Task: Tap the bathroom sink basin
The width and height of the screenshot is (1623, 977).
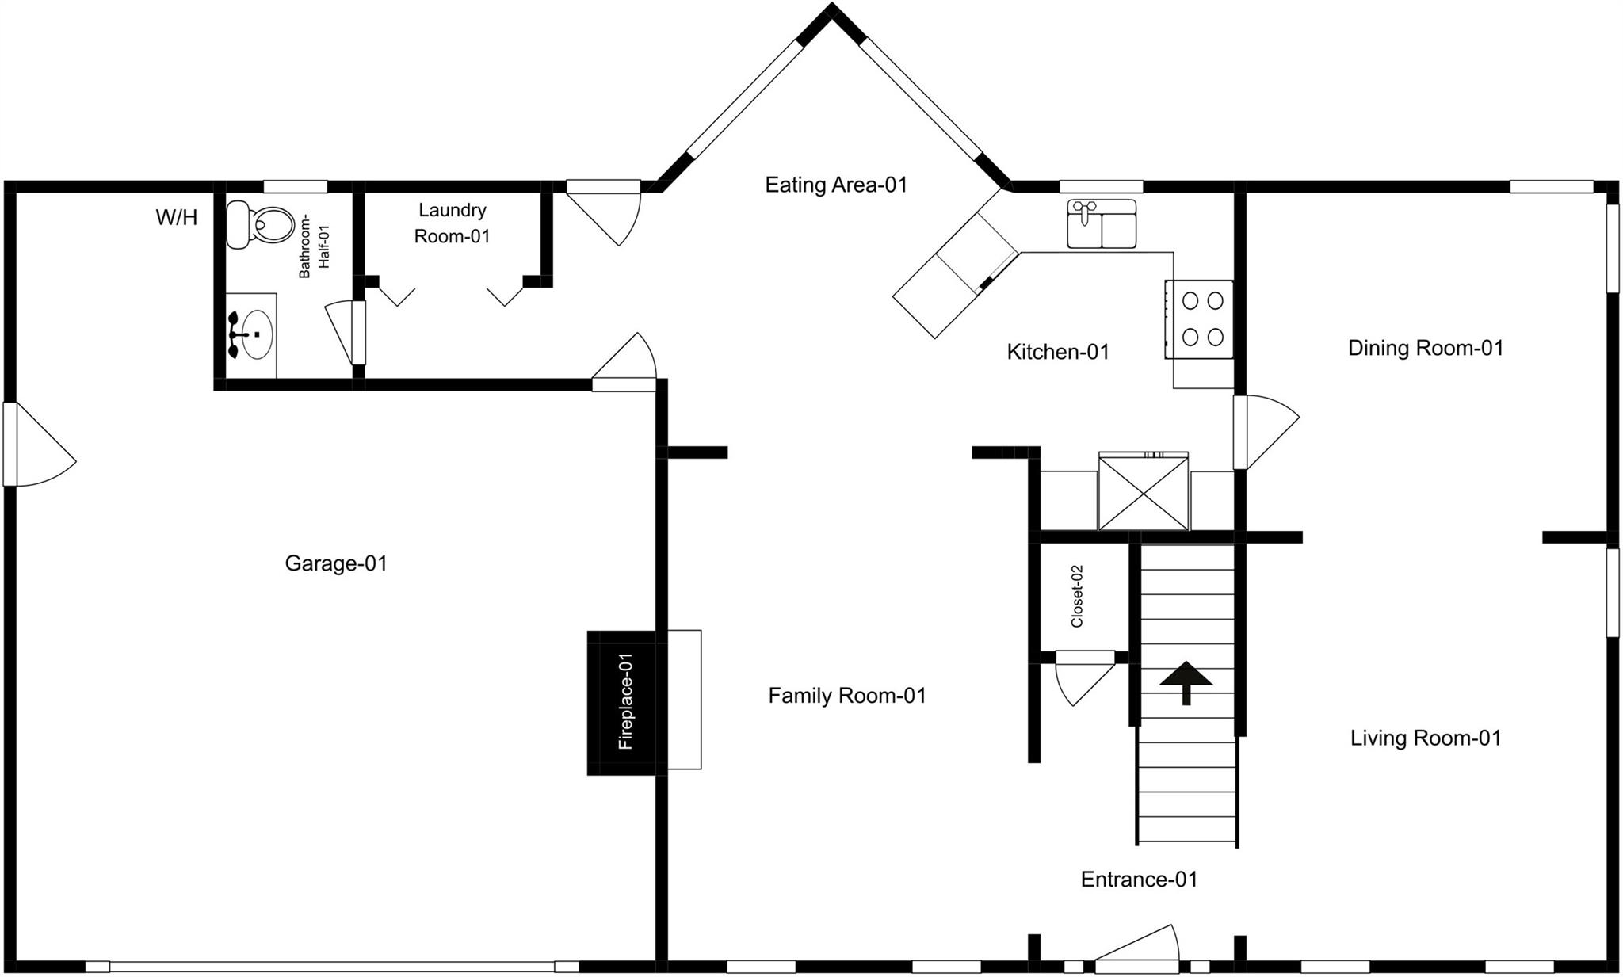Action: (254, 335)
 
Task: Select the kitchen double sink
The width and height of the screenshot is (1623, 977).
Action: (1102, 223)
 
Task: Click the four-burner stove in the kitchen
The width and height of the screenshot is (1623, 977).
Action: (1199, 319)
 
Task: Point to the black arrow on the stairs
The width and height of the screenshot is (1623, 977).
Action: (1186, 682)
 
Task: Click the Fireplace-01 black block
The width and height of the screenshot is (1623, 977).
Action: (621, 702)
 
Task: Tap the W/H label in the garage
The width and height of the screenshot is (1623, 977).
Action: (177, 217)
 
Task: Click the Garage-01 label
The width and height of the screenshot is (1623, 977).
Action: (336, 563)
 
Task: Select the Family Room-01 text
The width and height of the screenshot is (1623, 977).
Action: (847, 696)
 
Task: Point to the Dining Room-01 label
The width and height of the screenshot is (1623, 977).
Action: (1426, 348)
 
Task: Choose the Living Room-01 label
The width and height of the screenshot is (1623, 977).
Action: (1426, 738)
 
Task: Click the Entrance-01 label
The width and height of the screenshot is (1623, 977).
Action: (1139, 879)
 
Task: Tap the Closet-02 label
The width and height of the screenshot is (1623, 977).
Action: (1076, 596)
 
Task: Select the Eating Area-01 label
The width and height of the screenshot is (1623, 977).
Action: (836, 185)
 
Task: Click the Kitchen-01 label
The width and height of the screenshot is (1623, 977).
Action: (1058, 352)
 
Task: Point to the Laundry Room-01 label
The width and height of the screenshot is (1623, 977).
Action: (453, 223)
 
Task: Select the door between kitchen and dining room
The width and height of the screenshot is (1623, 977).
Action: (1266, 433)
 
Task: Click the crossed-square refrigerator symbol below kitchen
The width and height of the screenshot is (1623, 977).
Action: (1144, 491)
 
